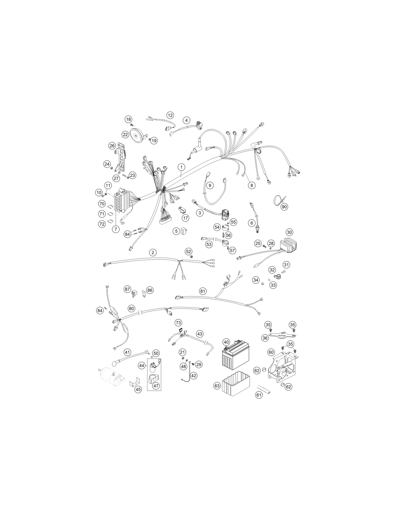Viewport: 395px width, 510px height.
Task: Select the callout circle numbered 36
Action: click(265, 338)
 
